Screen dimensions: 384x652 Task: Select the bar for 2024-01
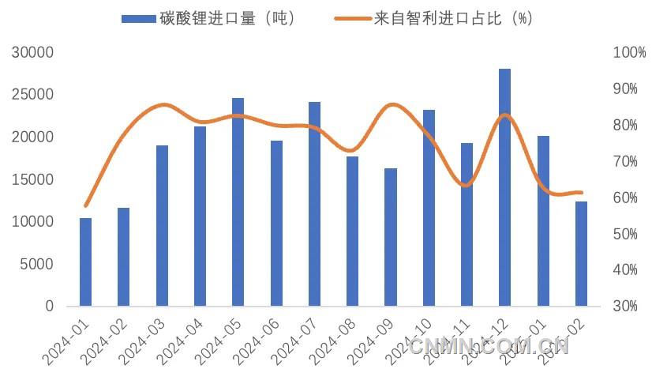85,262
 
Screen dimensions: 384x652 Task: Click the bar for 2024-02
123,257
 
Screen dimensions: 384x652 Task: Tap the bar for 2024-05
238,202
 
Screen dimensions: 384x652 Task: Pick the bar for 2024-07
314,204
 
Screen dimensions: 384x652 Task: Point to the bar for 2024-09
391,237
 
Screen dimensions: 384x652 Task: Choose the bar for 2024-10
429,208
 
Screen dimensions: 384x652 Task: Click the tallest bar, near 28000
505,187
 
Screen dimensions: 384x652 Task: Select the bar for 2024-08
352,231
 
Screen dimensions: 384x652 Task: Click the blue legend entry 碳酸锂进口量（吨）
209,19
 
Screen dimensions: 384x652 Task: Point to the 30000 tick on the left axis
32,53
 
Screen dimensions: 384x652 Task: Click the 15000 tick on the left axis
32,179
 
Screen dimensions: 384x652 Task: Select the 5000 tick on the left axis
36,264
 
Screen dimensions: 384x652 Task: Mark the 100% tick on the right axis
629,53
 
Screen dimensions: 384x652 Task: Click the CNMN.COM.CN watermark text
489,345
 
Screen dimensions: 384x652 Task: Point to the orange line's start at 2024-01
85,205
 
